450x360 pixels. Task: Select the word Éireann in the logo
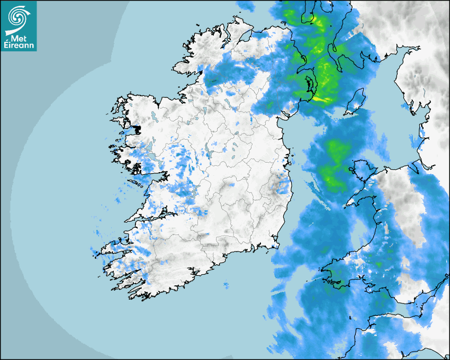coord(19,46)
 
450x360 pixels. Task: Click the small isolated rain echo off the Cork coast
coord(226,285)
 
